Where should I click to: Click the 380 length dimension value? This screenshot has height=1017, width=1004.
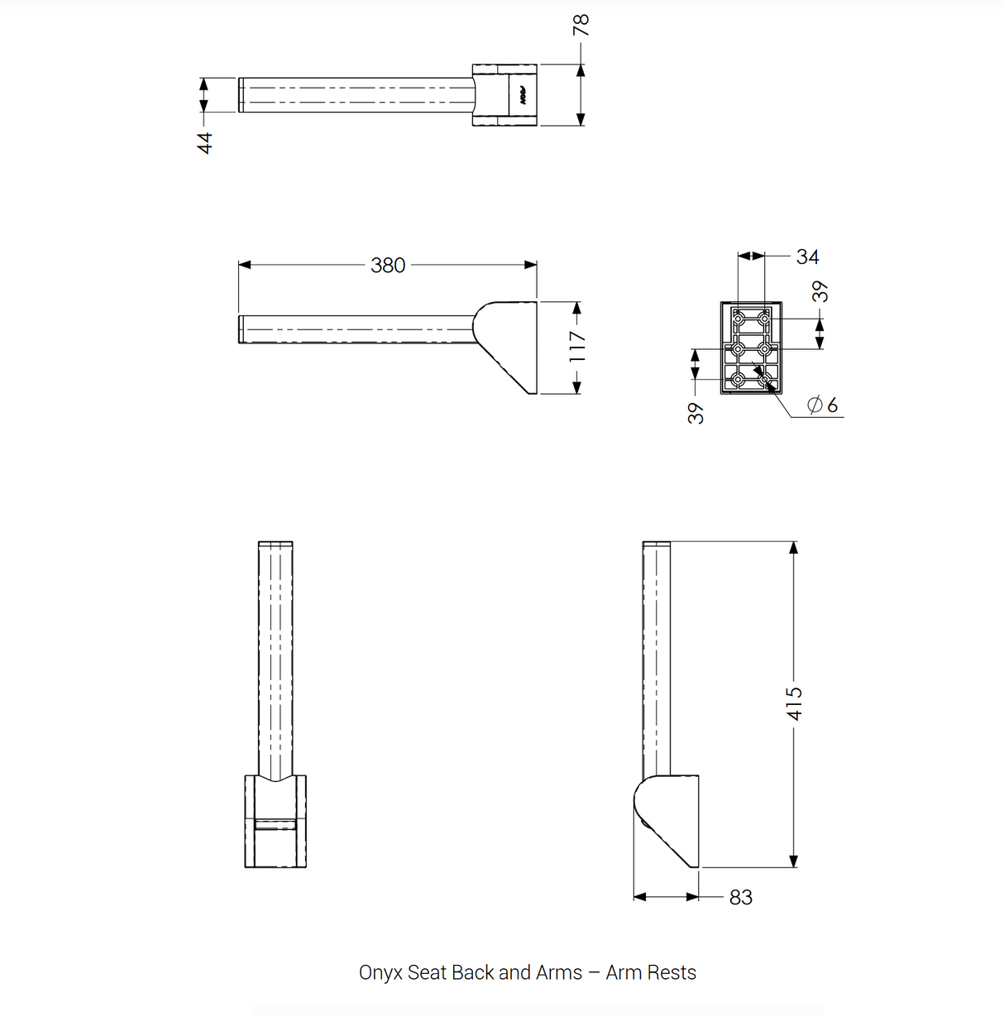[x=388, y=265]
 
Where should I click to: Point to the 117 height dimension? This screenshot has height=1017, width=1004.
[x=578, y=347]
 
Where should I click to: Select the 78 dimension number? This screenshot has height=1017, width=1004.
[x=581, y=25]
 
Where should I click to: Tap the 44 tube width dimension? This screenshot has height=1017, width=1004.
[x=205, y=142]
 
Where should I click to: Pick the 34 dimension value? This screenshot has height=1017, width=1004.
[x=807, y=257]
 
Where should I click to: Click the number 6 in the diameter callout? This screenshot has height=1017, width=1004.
[x=832, y=405]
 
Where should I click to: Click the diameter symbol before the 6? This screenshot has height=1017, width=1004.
[x=815, y=405]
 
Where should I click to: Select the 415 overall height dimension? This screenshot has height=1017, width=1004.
[x=794, y=703]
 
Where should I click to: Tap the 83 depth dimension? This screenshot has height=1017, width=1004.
[x=741, y=897]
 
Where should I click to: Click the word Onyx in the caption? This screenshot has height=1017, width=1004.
[x=380, y=972]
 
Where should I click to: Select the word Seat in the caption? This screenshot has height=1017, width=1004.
[x=428, y=972]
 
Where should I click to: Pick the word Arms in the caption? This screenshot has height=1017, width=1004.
[x=559, y=972]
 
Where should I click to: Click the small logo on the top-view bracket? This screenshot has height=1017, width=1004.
[x=524, y=95]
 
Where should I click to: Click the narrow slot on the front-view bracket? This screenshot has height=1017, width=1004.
[x=275, y=823]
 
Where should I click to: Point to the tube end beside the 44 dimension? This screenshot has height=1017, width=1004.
[x=242, y=94]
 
